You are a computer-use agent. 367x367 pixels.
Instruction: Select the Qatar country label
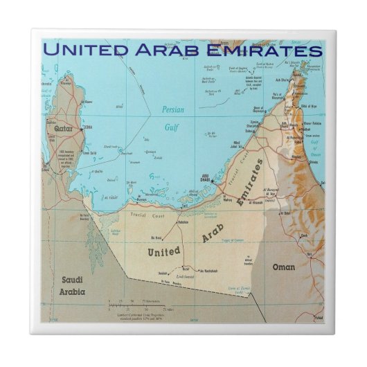(64, 127)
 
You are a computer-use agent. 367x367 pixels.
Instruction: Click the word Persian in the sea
(174, 109)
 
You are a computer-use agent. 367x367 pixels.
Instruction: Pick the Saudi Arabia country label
(73, 285)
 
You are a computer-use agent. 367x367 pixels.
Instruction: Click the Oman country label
(284, 267)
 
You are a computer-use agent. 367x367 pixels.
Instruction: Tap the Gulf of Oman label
(313, 147)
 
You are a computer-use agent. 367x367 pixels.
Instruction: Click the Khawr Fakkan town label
(312, 124)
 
